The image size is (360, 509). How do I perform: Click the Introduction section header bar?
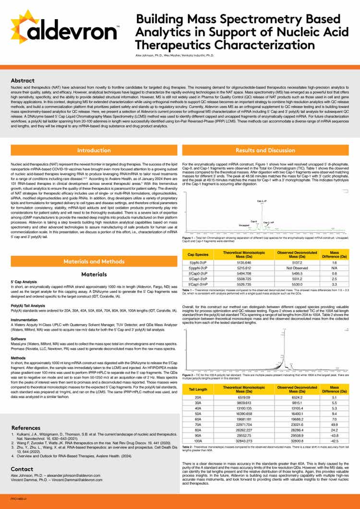click(x=94, y=150)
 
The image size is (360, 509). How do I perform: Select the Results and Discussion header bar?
click(x=265, y=150)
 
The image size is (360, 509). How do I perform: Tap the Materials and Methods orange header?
click(x=94, y=261)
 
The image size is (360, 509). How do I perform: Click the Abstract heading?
click(x=22, y=81)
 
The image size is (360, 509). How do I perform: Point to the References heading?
click(x=26, y=428)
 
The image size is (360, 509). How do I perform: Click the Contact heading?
click(x=22, y=469)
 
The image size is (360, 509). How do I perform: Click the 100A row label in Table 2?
click(x=198, y=440)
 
